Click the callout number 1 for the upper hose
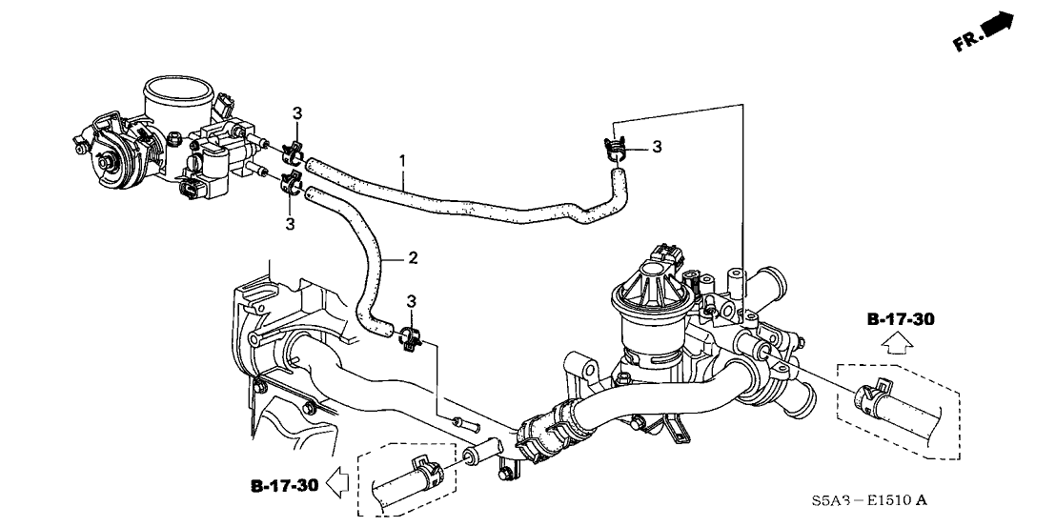[402, 161]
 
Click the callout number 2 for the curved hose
[413, 257]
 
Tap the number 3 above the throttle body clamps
[297, 114]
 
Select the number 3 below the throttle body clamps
[291, 224]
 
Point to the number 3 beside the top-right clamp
[658, 147]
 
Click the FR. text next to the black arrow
[966, 42]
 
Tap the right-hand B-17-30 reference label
[901, 319]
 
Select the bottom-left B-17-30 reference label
[283, 485]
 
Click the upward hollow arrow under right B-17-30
[897, 344]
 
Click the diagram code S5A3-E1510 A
[869, 500]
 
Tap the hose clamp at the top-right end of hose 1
[615, 150]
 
